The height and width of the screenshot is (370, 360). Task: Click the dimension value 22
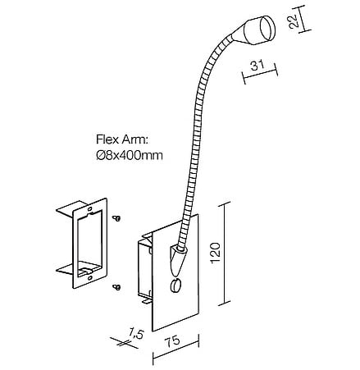pyautogui.click(x=294, y=21)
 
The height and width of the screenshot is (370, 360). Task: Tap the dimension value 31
pyautogui.click(x=257, y=65)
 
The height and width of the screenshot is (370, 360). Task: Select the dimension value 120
pyautogui.click(x=216, y=252)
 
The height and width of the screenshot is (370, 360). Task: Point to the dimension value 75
pyautogui.click(x=173, y=340)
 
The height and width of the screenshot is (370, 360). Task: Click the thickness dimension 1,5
pyautogui.click(x=136, y=334)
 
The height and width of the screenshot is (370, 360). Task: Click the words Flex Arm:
pyautogui.click(x=122, y=139)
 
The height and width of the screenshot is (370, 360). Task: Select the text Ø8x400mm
pyautogui.click(x=130, y=155)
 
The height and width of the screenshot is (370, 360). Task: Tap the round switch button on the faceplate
pyautogui.click(x=175, y=285)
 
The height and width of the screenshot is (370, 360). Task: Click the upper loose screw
pyautogui.click(x=116, y=218)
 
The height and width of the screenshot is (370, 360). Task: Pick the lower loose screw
pyautogui.click(x=116, y=287)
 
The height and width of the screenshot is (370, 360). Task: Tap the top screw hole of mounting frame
pyautogui.click(x=90, y=208)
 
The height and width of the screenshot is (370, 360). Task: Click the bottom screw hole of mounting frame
pyautogui.click(x=90, y=278)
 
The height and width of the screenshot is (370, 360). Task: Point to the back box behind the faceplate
pyautogui.click(x=144, y=269)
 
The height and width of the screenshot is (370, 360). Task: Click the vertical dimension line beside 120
pyautogui.click(x=225, y=254)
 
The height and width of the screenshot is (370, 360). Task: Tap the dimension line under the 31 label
pyautogui.click(x=261, y=74)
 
